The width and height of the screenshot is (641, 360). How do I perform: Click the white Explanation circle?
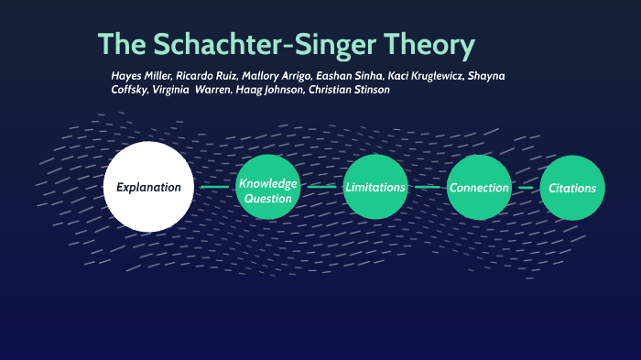point(149,187)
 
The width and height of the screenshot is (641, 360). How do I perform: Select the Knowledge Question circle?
point(268,188)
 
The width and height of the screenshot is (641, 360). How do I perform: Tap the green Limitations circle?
point(375,188)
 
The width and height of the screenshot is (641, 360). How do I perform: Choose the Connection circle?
point(479,188)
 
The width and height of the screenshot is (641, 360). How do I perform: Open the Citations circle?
point(572,188)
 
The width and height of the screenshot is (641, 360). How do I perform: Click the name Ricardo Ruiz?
point(206,75)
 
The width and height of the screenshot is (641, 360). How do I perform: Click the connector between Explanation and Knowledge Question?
point(215,188)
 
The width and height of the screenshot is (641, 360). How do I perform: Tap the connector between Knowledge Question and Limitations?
point(322,188)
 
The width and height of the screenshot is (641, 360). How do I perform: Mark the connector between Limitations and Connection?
point(427,188)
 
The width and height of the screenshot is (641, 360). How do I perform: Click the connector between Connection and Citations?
point(526,188)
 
